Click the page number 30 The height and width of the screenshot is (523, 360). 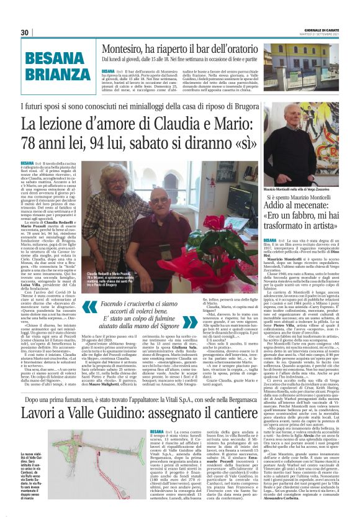[25, 32]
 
